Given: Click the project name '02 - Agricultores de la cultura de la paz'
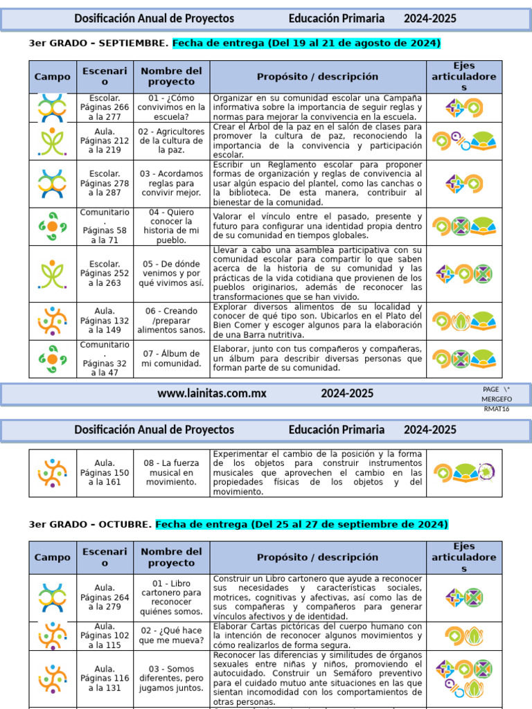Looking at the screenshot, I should click(171, 141).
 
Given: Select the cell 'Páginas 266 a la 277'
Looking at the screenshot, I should click(105, 107).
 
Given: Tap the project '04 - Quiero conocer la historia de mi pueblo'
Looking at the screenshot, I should click(171, 226).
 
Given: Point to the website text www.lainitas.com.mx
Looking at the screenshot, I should click(211, 393).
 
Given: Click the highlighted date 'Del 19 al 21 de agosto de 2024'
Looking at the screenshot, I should click(306, 43).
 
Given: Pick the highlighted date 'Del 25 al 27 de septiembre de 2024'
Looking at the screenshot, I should click(302, 524).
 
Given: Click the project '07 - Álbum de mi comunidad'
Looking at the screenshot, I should click(171, 359).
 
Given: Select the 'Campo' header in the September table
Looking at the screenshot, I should click(53, 77).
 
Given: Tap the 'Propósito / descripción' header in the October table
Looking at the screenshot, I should click(317, 557).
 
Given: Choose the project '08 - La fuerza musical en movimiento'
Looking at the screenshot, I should click(171, 472).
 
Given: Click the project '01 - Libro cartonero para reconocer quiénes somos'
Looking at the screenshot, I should click(171, 598).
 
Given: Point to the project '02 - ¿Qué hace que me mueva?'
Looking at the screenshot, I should click(171, 636).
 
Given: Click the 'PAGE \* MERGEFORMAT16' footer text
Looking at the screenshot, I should click(497, 399).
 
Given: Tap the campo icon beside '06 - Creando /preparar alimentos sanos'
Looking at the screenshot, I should click(52, 321).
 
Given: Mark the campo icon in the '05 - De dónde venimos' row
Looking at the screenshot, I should click(52, 273).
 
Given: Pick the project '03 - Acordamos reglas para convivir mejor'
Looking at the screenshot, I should click(171, 183).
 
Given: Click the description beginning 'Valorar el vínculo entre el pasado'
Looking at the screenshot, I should click(317, 226).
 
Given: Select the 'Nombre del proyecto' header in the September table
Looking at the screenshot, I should click(171, 77).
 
